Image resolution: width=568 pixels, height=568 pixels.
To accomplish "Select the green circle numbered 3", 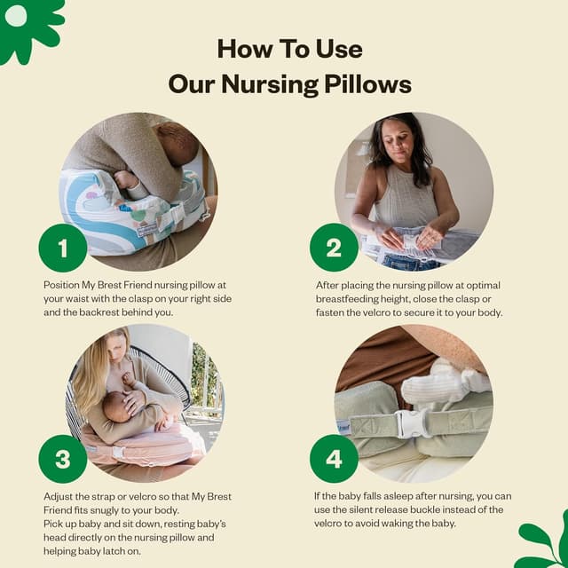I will click(x=62, y=459).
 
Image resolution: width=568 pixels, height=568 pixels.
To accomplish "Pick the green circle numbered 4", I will click(x=334, y=459).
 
